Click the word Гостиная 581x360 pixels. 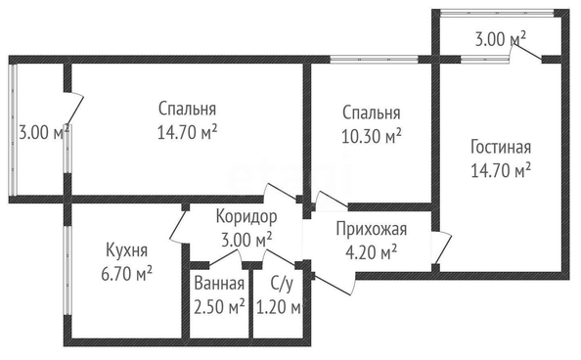point(501,147)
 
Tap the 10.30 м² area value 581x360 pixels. point(372,136)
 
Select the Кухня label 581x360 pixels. point(127,250)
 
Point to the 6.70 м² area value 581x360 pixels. point(127,274)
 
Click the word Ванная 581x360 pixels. point(219,284)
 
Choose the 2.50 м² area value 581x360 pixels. point(219,307)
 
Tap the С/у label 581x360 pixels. point(282,284)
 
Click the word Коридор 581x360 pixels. point(246,217)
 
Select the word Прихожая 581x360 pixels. point(372,230)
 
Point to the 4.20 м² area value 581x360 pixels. point(372,253)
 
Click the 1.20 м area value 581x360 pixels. point(280,307)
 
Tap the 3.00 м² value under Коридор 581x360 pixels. point(246,241)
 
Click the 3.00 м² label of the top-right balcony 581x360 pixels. point(501,39)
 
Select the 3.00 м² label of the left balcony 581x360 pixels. point(44,132)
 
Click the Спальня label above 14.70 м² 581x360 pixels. point(187,109)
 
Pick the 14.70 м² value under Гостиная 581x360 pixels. point(501,170)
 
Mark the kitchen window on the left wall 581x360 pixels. point(67,270)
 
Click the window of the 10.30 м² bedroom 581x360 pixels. point(374,59)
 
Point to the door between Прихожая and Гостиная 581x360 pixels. point(442,248)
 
